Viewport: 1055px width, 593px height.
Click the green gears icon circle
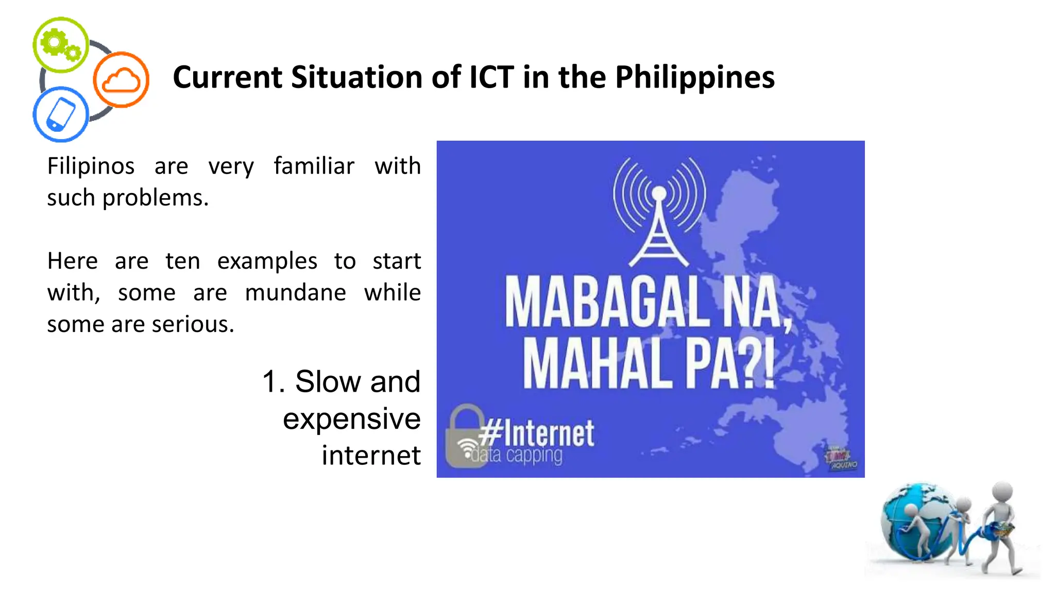coord(61,45)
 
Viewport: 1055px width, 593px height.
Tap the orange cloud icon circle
coord(121,80)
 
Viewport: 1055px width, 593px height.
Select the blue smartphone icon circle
coord(61,114)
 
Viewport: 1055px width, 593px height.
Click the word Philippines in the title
coord(694,78)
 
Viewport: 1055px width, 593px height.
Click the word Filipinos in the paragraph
coord(91,166)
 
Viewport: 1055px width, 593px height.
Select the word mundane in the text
coord(295,293)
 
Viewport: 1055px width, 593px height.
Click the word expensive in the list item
coord(351,418)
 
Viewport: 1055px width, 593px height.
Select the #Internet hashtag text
coord(536,433)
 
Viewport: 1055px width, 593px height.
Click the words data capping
coord(517,456)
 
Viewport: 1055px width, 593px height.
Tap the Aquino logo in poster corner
coord(840,459)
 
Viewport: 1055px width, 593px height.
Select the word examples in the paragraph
coord(267,261)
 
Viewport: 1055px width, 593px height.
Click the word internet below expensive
coord(371,456)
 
